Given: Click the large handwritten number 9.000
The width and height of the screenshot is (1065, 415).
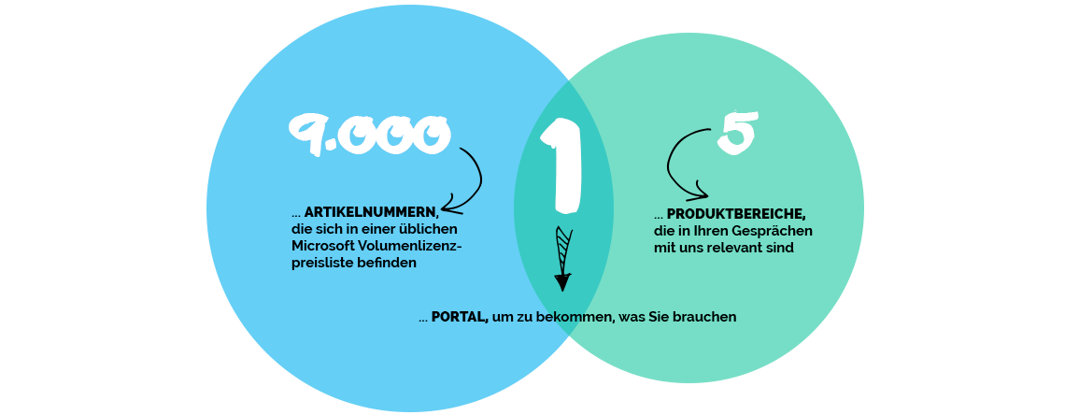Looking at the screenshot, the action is click(370, 136).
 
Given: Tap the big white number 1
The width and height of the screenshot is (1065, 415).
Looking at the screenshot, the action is click(561, 165).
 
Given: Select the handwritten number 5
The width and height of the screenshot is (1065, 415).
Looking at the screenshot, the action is click(738, 132).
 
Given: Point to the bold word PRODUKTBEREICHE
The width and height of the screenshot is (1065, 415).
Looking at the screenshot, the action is click(736, 215).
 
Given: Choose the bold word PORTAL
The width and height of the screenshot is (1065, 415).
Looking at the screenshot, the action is click(460, 317).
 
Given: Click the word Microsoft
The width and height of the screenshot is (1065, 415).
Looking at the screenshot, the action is click(323, 245).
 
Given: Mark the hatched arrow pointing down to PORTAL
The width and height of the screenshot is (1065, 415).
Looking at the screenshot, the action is click(562, 258).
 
